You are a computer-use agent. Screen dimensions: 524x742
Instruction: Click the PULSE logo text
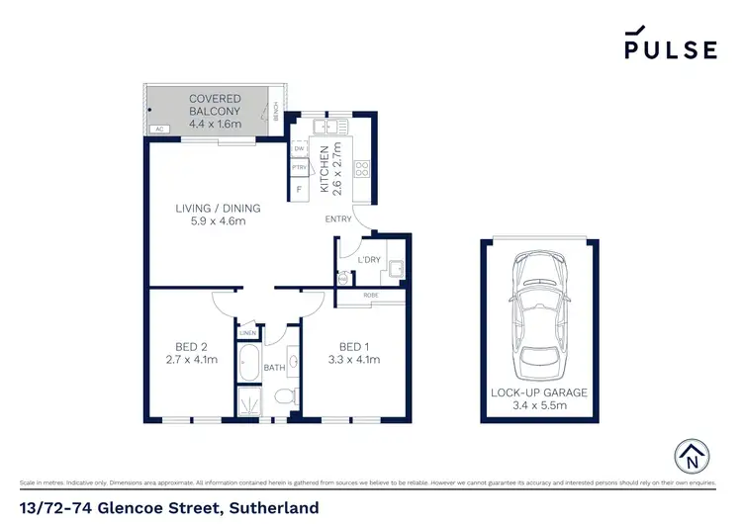[x=670, y=48]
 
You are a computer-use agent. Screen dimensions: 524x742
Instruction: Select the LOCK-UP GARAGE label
[x=539, y=393]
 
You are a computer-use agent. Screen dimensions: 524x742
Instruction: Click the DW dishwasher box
[x=298, y=149]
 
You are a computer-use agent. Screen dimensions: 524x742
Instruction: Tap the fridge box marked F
[x=298, y=189]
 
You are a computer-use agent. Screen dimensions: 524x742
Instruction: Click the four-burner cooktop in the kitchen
[x=362, y=169]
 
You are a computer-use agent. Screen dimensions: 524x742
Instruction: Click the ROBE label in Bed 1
[x=372, y=295]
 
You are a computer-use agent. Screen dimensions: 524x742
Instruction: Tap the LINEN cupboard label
[x=248, y=333]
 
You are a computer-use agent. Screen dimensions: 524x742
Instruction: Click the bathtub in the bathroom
[x=248, y=363]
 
